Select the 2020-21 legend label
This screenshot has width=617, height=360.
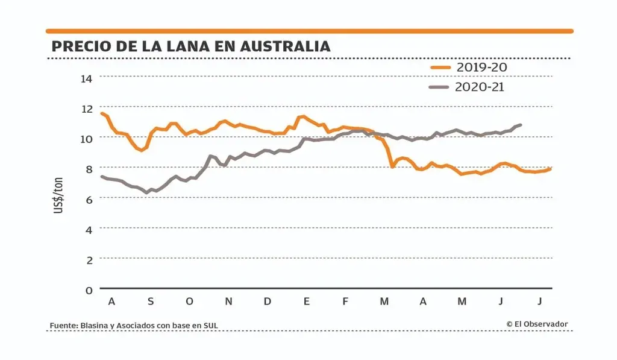tap(480, 87)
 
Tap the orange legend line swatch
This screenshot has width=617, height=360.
tap(440, 68)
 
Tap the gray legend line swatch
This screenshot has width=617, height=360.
tap(440, 87)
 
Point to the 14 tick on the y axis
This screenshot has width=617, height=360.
tap(87, 78)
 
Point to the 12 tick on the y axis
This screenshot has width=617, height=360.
tap(87, 109)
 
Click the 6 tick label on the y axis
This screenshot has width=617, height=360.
tap(89, 199)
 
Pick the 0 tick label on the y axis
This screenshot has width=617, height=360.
tap(89, 290)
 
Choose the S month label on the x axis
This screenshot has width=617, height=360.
tap(151, 302)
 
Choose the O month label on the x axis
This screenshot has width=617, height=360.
tap(189, 302)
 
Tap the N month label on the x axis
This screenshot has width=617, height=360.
tap(228, 302)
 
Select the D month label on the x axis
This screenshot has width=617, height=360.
tap(268, 302)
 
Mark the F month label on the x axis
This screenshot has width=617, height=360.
tap(345, 302)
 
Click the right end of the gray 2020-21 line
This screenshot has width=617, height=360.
tap(521, 125)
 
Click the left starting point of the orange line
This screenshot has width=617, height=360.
tap(101, 113)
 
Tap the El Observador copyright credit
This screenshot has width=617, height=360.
tap(537, 324)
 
